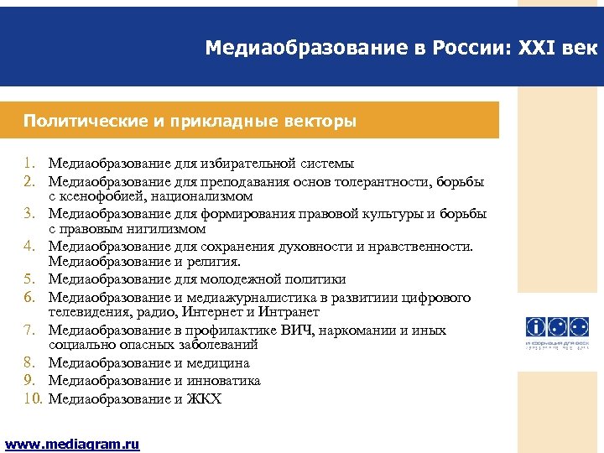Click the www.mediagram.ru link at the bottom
(72, 445)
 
